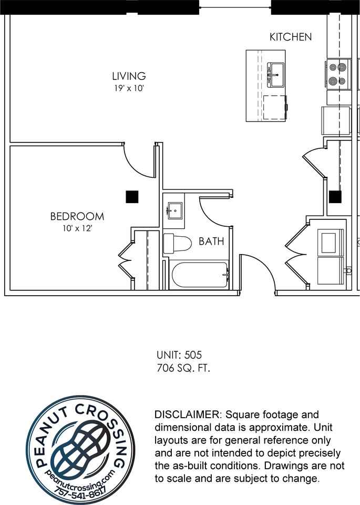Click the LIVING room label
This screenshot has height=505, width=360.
tap(129, 76)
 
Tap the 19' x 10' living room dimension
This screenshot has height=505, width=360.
tap(129, 88)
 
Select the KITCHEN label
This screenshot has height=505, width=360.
tap(291, 37)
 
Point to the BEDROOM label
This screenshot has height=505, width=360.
tap(77, 216)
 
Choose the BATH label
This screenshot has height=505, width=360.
tap(211, 241)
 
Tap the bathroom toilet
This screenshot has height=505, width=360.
tap(177, 243)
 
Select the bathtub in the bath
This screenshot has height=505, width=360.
tap(199, 275)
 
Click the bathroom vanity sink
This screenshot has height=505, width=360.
tap(174, 211)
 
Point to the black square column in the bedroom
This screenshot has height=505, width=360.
tap(132, 197)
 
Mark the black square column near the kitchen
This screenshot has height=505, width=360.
tap(335, 197)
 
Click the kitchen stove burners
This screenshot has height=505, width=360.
tap(337, 74)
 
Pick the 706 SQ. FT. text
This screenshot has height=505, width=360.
tap(183, 368)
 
